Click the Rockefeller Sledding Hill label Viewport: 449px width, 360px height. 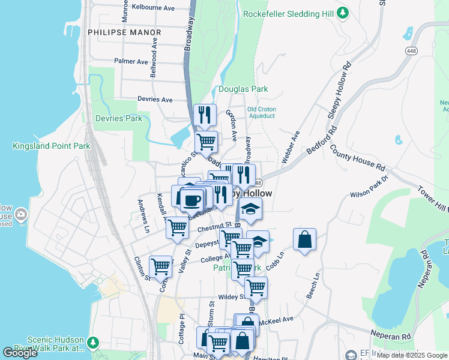[x=289, y=13]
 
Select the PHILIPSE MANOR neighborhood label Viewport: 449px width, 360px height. [x=124, y=32]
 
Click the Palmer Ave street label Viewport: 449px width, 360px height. [x=131, y=61]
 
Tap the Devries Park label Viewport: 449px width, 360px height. [x=119, y=118]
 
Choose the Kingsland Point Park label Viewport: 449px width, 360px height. [x=51, y=146]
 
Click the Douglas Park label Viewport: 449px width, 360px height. [x=243, y=89]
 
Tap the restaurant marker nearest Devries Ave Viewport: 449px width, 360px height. [x=205, y=115]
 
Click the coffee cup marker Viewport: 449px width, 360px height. [x=192, y=199]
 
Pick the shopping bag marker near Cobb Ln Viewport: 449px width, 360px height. [x=305, y=239]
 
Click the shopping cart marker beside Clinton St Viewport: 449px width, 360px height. [x=161, y=266]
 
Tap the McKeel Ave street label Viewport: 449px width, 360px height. [x=279, y=319]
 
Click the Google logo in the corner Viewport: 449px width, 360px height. [x=20, y=353]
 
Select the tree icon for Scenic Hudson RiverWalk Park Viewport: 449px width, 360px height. [x=92, y=342]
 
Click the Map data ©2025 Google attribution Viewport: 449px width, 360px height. [x=411, y=355]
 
